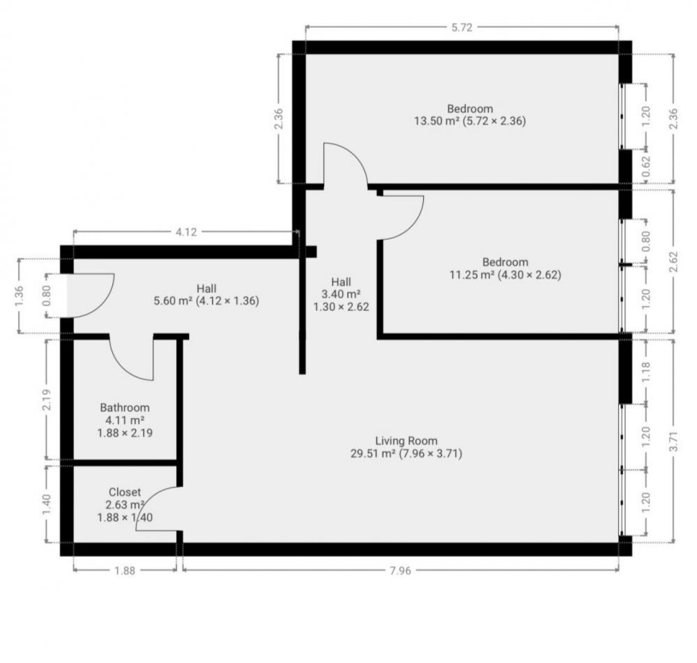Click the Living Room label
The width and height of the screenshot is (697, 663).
(406, 441)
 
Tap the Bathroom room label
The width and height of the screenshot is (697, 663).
(125, 408)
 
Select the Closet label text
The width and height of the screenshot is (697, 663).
(125, 492)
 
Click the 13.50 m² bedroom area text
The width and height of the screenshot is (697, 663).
(470, 121)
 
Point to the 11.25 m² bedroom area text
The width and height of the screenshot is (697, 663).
(505, 275)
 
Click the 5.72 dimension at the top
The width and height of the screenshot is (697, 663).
(462, 28)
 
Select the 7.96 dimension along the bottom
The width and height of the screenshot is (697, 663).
(399, 570)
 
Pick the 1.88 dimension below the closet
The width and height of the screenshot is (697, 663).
(125, 570)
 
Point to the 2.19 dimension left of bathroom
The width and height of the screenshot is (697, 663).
(47, 398)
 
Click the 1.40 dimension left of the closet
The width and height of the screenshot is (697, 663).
(47, 503)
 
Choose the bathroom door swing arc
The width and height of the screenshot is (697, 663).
(132, 359)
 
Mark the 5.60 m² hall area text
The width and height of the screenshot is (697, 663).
(206, 301)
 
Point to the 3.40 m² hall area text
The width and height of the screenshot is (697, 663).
(341, 294)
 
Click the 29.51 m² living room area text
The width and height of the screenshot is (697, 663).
(406, 453)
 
